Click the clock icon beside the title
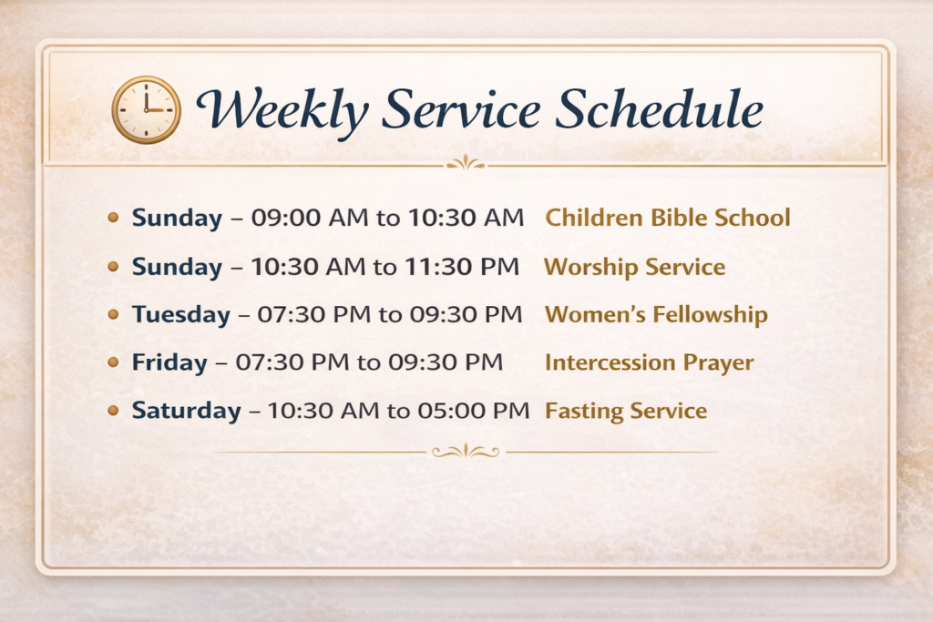point(147,110)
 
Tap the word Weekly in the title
point(282,111)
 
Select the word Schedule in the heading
point(660,108)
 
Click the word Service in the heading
point(461,109)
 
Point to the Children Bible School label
point(668,218)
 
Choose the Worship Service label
point(635,267)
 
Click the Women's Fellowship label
point(656,314)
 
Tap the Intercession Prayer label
point(649,362)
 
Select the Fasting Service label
point(626,411)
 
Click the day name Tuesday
point(181,314)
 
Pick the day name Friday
point(169,362)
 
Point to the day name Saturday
point(186,411)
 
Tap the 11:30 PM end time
point(462,267)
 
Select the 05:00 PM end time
point(473,411)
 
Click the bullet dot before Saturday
point(113,411)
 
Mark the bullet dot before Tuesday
point(113,314)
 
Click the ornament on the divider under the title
point(466,163)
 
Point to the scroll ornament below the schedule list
point(466,452)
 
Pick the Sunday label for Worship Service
point(177,267)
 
